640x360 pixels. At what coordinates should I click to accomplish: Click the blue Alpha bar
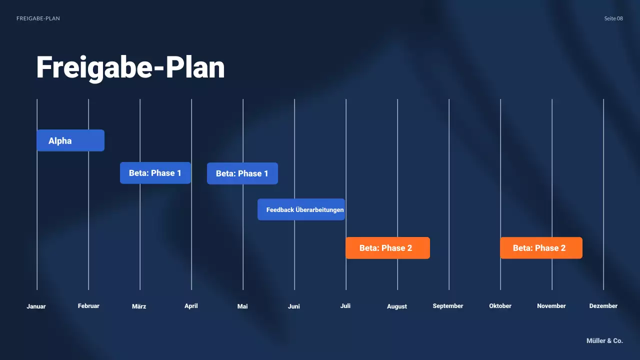70,140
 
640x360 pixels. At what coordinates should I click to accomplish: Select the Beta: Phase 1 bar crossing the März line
155,173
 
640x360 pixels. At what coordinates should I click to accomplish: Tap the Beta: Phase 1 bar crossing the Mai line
242,173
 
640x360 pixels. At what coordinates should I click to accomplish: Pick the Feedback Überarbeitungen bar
301,209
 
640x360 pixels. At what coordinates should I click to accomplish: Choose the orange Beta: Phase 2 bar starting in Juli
387,248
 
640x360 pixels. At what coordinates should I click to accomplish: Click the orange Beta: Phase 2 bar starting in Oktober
541,248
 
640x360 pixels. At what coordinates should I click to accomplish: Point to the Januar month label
36,306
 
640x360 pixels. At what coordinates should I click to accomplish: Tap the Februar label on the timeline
88,306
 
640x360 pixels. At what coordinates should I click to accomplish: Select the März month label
139,306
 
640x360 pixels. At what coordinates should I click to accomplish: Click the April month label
191,306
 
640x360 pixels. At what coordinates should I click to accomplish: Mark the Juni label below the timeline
294,306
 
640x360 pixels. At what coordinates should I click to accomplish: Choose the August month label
397,306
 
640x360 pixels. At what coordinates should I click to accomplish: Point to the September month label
448,306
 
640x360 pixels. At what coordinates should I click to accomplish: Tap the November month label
551,306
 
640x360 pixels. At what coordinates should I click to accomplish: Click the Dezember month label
603,306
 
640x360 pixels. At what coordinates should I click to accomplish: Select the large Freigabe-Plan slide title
130,67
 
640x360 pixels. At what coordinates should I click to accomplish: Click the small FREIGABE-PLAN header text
38,18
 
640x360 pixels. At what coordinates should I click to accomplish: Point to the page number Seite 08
613,18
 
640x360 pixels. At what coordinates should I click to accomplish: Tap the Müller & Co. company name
604,340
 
